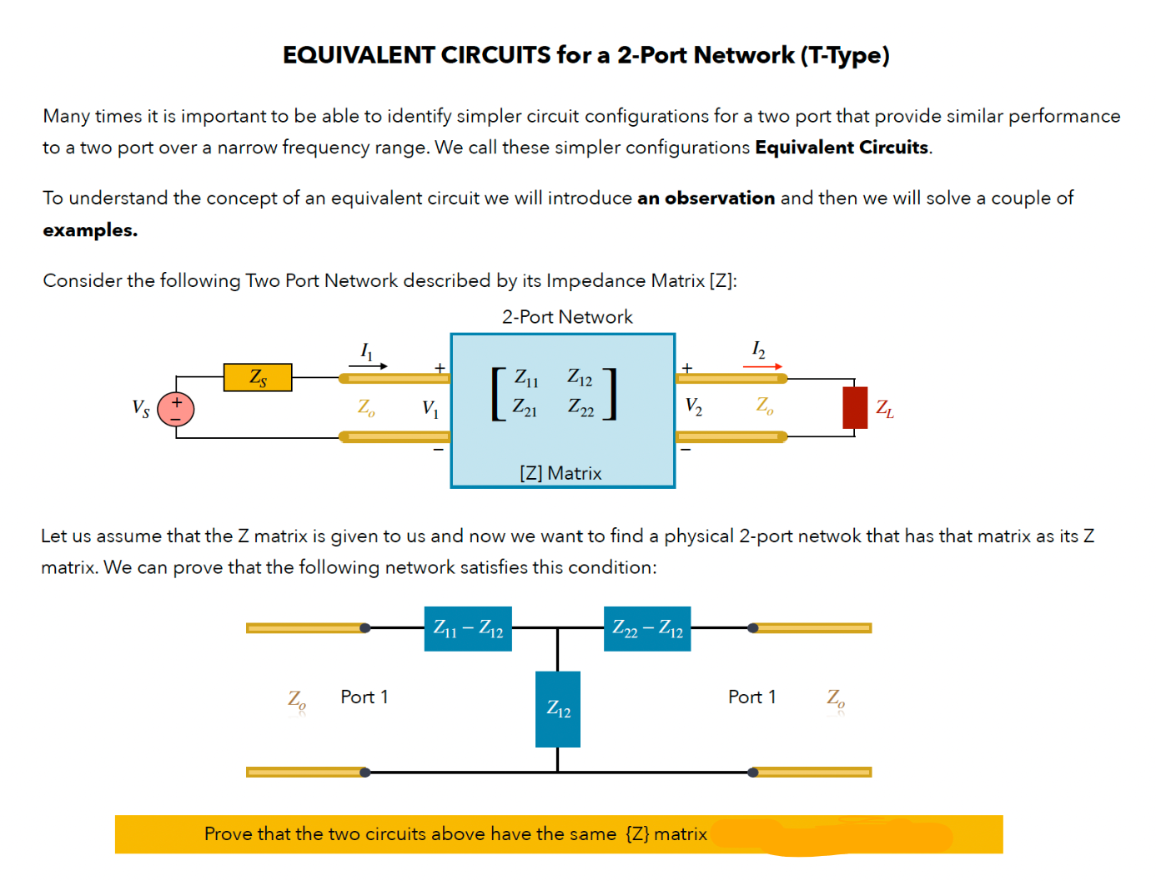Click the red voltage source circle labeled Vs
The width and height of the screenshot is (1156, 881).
coord(176,409)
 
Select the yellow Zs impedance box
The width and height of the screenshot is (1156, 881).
coord(258,377)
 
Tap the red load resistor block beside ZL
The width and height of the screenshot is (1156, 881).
coord(855,408)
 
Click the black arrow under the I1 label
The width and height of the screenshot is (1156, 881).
coord(368,365)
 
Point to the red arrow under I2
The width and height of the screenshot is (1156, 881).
coord(762,366)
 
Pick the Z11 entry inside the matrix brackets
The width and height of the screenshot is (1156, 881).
coord(526,378)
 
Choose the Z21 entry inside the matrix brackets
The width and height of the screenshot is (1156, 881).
coord(525,408)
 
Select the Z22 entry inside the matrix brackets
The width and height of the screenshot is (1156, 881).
coord(581,408)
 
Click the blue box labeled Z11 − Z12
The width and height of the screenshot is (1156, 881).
coord(468,629)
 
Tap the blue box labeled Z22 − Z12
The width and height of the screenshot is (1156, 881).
coord(647,629)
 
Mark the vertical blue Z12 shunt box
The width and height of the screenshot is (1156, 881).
coord(558,709)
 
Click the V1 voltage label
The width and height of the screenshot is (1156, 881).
coord(430,408)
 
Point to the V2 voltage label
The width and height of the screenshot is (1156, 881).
coord(693,406)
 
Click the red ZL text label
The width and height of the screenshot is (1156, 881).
coord(885,409)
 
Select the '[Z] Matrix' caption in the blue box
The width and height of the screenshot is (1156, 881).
coord(560,473)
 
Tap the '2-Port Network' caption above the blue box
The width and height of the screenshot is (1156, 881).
coord(567,317)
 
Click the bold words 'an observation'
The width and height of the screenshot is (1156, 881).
coord(706,199)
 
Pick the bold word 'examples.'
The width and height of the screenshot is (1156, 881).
coord(90,230)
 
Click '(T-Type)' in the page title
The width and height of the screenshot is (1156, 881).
coord(845,55)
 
